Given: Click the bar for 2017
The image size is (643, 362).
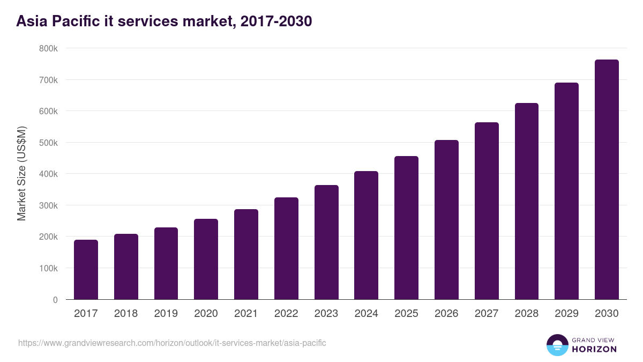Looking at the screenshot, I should pyautogui.click(x=86, y=270).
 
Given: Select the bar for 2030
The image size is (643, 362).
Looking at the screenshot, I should pyautogui.click(x=607, y=180).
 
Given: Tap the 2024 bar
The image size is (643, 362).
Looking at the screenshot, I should pyautogui.click(x=366, y=235).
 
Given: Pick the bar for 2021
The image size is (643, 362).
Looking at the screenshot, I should pyautogui.click(x=246, y=254).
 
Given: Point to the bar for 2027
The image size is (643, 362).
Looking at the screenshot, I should pyautogui.click(x=487, y=211).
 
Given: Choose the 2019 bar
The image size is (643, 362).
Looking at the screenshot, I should pyautogui.click(x=166, y=263).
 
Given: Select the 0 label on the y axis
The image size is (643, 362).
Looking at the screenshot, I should pyautogui.click(x=55, y=300).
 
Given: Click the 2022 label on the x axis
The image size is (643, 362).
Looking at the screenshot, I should pyautogui.click(x=286, y=314).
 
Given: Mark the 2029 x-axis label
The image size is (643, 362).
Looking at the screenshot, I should pyautogui.click(x=566, y=314).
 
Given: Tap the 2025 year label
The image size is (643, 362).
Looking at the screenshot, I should pyautogui.click(x=406, y=314).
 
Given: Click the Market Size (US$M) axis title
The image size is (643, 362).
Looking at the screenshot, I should pyautogui.click(x=21, y=173).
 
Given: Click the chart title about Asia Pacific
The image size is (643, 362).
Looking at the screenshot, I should pyautogui.click(x=164, y=21).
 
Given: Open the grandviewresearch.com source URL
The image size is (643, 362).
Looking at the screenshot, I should pyautogui.click(x=172, y=343).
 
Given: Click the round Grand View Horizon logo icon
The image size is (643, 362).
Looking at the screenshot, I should pyautogui.click(x=557, y=345).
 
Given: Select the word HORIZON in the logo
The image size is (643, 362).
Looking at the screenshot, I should pyautogui.click(x=594, y=349).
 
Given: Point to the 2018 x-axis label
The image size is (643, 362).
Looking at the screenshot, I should pyautogui.click(x=126, y=314).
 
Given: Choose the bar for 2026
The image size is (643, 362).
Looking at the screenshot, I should pyautogui.click(x=446, y=220).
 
